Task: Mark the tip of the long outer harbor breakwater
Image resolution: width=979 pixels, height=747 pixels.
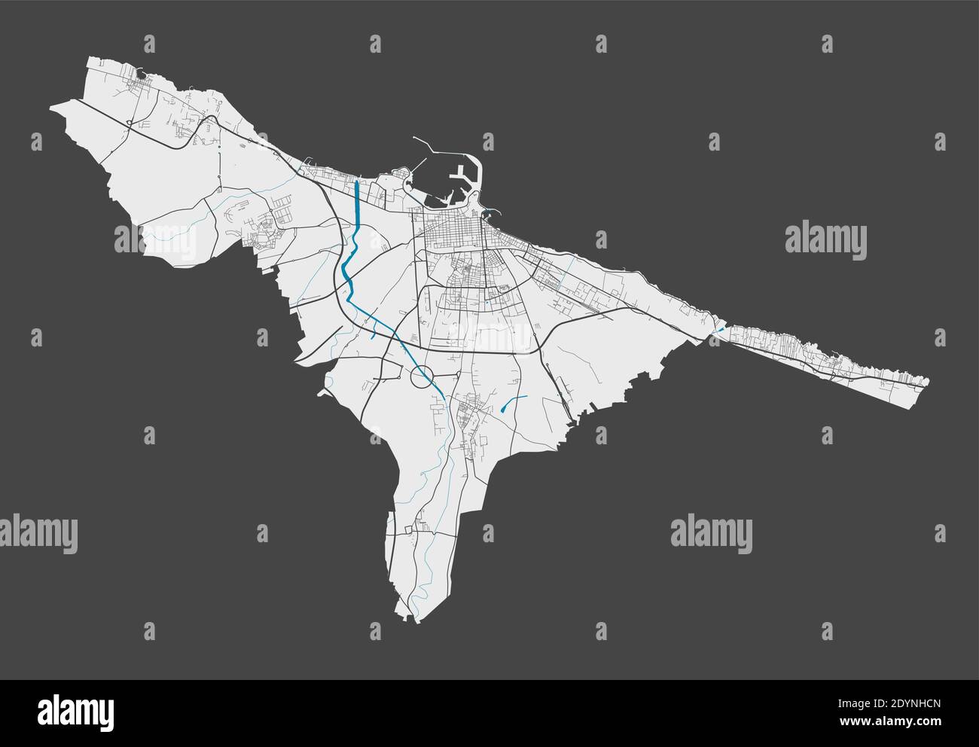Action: tap(415, 138)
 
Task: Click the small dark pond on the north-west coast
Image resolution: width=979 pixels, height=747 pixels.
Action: tap(141, 73)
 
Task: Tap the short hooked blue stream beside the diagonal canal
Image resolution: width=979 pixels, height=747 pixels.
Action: tap(373, 331)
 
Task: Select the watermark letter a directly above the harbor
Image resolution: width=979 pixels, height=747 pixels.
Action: tap(488, 141)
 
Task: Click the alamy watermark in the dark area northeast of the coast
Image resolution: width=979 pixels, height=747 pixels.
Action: tap(825, 239)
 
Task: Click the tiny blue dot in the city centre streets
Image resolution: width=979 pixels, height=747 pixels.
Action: tap(486, 302)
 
